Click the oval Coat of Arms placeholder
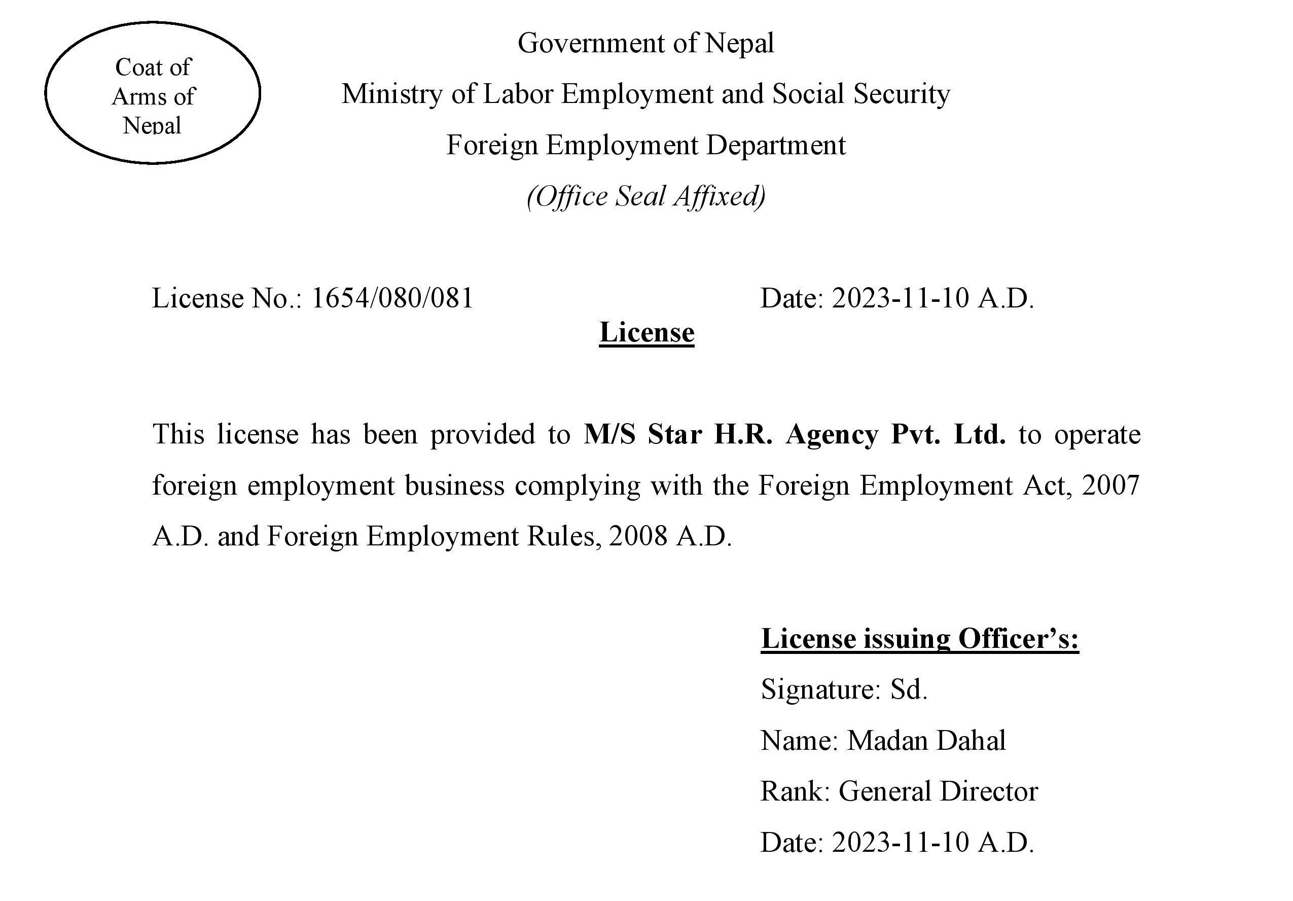(x=153, y=93)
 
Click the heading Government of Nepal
(x=645, y=44)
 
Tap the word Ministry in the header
(x=391, y=94)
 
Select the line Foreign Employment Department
(x=645, y=146)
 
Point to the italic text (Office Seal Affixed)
(x=645, y=197)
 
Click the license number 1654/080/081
(x=392, y=298)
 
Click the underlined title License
(x=646, y=332)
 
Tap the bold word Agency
(x=831, y=434)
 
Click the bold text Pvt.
(x=915, y=434)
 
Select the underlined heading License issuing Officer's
(x=919, y=639)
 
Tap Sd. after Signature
(x=908, y=689)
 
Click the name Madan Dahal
(x=926, y=740)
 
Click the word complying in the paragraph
(x=577, y=485)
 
